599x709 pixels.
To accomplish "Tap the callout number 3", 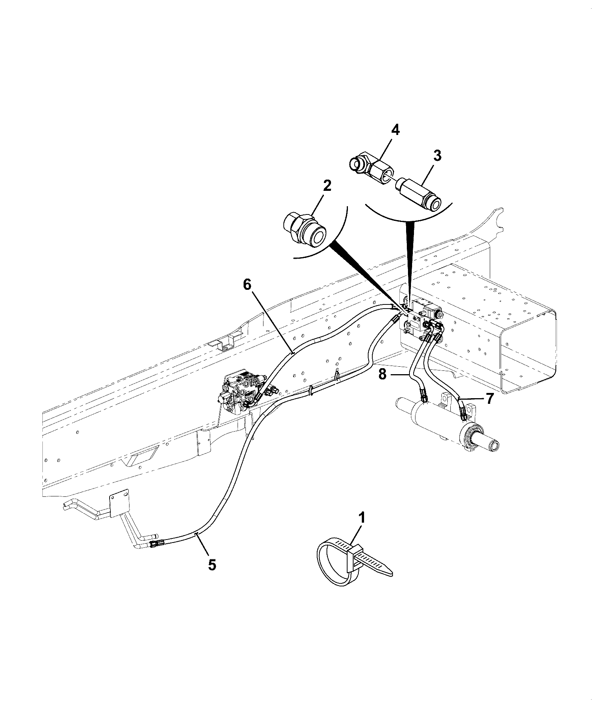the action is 437,156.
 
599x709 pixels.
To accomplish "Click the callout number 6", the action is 247,285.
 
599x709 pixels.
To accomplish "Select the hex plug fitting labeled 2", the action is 304,230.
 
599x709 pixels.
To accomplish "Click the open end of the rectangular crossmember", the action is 529,352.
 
